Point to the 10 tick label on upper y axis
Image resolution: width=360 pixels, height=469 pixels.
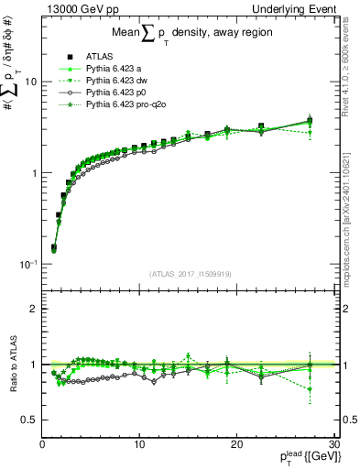coord(30,82)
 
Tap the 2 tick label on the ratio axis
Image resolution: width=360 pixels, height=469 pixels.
coord(33,309)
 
